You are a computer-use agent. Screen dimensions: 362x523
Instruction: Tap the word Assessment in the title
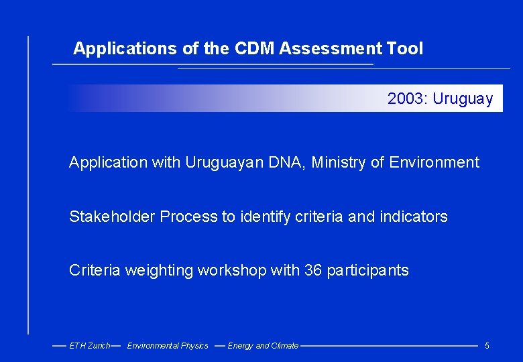[330, 49]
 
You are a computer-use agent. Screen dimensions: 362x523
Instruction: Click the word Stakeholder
[112, 217]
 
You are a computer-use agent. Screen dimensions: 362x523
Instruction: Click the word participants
[367, 271]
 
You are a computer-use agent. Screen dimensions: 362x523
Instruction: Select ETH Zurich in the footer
[89, 346]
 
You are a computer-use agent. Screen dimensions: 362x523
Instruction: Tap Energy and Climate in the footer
[263, 346]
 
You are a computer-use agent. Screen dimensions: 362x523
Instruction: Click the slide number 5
[487, 346]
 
